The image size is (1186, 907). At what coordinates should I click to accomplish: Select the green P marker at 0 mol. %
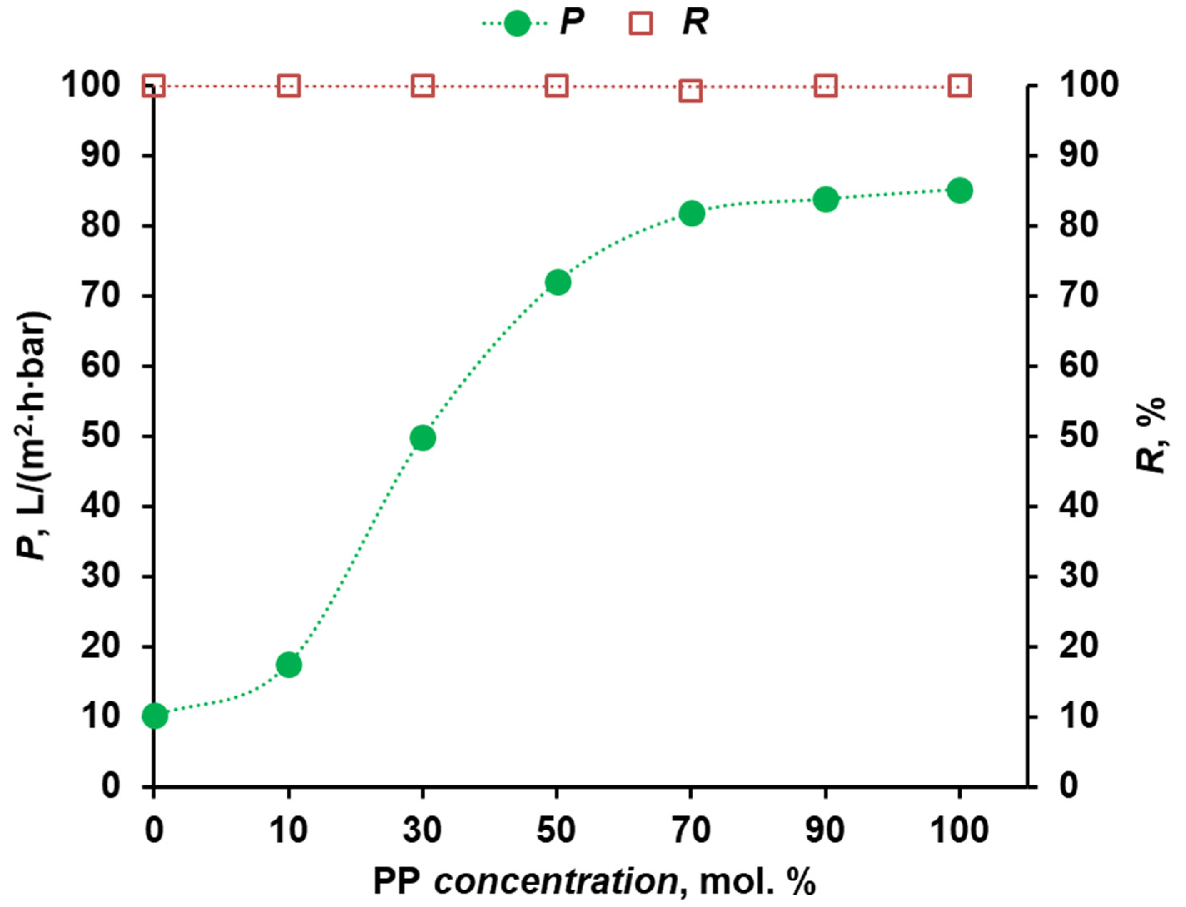pyautogui.click(x=155, y=716)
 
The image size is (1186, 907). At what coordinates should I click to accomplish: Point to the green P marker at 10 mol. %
pyautogui.click(x=289, y=665)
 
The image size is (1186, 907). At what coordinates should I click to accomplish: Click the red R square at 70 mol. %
pyautogui.click(x=691, y=91)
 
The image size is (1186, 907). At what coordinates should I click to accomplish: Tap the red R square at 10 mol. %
pyautogui.click(x=289, y=87)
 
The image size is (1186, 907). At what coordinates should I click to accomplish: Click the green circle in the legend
pyautogui.click(x=517, y=24)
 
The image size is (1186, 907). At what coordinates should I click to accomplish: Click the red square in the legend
pyautogui.click(x=641, y=24)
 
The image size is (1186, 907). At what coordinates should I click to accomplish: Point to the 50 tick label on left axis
pyautogui.click(x=100, y=436)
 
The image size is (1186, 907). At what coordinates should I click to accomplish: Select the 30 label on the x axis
pyautogui.click(x=422, y=830)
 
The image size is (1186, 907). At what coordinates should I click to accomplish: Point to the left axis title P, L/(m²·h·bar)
pyautogui.click(x=33, y=436)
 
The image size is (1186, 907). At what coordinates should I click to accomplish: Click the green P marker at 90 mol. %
pyautogui.click(x=826, y=200)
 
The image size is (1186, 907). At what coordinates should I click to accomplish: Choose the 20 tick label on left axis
pyautogui.click(x=100, y=646)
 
